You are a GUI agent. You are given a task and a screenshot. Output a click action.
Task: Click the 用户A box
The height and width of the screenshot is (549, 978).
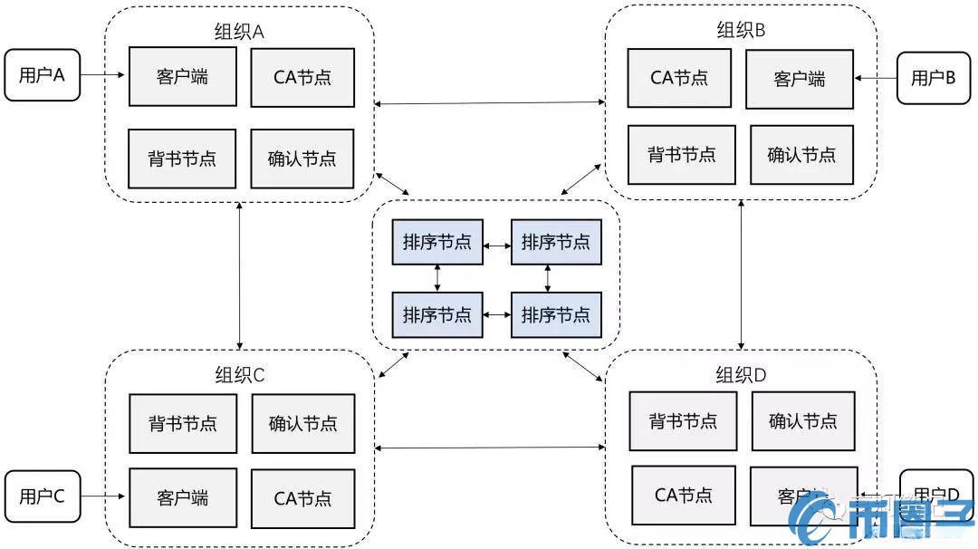click(x=42, y=75)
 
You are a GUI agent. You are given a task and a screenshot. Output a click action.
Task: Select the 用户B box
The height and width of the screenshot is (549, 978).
click(x=933, y=77)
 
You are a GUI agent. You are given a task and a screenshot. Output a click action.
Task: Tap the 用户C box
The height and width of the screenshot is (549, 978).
click(x=42, y=496)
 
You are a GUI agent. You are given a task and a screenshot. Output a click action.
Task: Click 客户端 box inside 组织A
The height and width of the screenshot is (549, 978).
click(x=182, y=76)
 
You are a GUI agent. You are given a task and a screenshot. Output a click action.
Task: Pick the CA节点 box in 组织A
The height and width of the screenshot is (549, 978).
click(x=302, y=76)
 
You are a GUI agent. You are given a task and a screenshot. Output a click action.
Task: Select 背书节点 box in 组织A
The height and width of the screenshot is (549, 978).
click(x=182, y=158)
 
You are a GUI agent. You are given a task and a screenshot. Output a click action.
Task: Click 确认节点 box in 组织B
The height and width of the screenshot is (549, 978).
click(x=801, y=154)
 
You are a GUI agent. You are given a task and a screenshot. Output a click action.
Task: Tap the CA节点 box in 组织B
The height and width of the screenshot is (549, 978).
click(x=679, y=76)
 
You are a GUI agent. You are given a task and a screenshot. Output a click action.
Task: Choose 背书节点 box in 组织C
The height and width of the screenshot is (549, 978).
click(x=183, y=423)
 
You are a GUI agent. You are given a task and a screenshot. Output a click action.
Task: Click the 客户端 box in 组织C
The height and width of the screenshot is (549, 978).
click(x=182, y=497)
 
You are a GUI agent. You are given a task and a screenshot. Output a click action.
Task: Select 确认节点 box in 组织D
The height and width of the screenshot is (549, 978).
click(x=802, y=420)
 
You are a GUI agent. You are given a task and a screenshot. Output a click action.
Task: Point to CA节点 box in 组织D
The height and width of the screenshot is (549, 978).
click(x=683, y=495)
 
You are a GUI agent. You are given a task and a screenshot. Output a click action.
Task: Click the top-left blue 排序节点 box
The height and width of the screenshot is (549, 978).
click(x=437, y=242)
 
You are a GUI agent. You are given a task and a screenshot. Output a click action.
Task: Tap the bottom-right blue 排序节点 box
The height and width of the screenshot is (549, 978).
click(x=555, y=314)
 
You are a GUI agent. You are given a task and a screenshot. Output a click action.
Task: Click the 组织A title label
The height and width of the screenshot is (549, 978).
click(x=239, y=31)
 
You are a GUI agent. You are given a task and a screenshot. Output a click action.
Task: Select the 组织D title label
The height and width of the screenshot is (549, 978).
click(x=741, y=374)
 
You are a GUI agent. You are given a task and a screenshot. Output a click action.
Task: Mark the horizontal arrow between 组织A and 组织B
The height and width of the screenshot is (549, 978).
click(x=489, y=104)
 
